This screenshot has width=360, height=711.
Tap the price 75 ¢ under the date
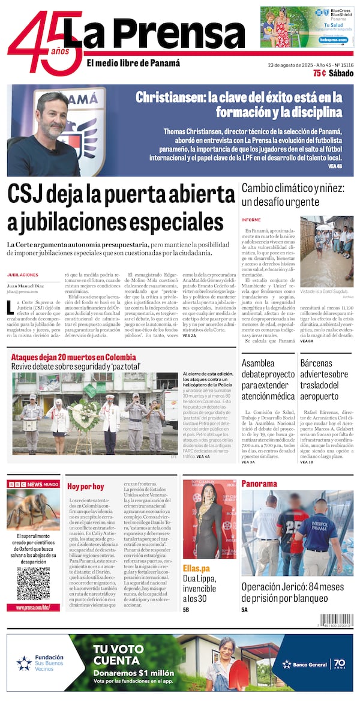pyautogui.click(x=319, y=73)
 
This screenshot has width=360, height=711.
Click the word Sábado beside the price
pyautogui.click(x=341, y=73)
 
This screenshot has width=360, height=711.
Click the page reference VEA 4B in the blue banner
pyautogui.click(x=335, y=166)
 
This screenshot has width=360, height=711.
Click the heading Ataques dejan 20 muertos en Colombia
pyautogui.click(x=73, y=358)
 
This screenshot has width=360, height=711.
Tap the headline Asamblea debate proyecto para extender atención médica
pyautogui.click(x=267, y=380)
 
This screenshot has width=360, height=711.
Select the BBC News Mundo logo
pyautogui.click(x=33, y=484)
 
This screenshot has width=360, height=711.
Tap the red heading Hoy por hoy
pyautogui.click(x=86, y=487)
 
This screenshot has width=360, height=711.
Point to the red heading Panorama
pyautogui.click(x=259, y=484)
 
